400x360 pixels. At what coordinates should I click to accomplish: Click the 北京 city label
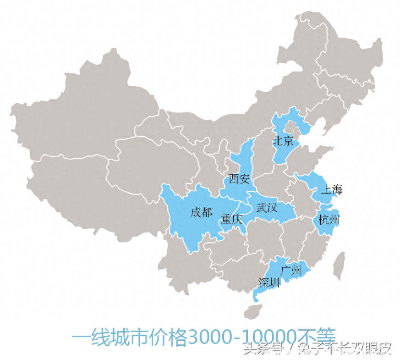[283, 140]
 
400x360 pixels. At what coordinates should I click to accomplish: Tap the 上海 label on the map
[332, 189]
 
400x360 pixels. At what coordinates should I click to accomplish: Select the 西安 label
[239, 179]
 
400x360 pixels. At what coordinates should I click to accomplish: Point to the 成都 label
[202, 212]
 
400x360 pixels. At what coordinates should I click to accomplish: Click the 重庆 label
[231, 219]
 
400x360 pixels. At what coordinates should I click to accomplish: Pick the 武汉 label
[267, 208]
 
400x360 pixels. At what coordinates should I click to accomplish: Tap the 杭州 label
[329, 220]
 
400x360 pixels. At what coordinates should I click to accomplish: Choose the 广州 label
[291, 271]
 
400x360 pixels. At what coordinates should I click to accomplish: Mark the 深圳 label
[269, 283]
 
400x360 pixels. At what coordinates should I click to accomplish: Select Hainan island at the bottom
[252, 312]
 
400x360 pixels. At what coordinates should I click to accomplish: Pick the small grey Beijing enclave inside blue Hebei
[290, 126]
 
